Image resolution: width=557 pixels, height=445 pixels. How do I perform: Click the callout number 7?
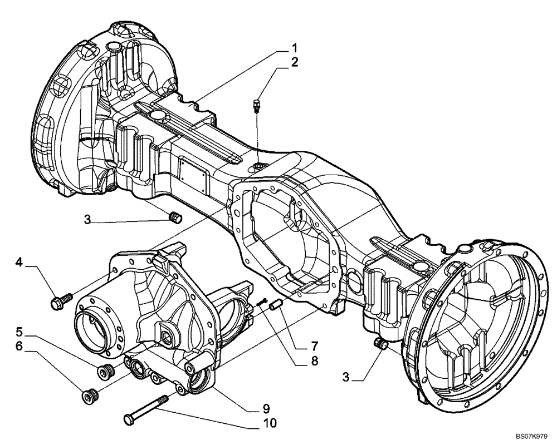click(x=299, y=345)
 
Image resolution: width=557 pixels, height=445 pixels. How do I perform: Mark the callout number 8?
click(x=299, y=360)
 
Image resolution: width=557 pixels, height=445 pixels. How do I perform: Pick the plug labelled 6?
click(x=89, y=395)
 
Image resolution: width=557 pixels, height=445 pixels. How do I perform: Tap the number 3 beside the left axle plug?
click(x=87, y=219)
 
